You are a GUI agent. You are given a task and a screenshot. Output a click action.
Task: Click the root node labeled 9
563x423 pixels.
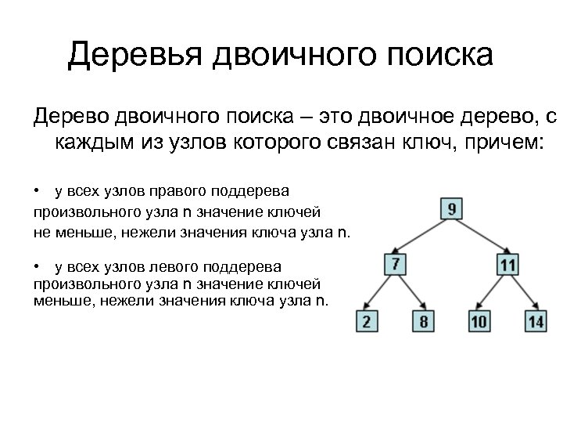tap(452, 209)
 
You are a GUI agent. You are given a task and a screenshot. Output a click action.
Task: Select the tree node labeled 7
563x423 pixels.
tap(396, 264)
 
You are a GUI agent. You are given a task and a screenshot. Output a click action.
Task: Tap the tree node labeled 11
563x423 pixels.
tap(508, 264)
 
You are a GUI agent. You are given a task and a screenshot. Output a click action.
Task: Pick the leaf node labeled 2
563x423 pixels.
tap(367, 320)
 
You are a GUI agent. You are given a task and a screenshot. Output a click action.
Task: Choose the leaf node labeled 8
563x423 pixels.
tap(424, 320)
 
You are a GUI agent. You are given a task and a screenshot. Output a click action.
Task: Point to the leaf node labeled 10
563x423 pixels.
tap(479, 320)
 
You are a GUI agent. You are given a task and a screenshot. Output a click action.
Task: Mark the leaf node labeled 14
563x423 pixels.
tap(536, 320)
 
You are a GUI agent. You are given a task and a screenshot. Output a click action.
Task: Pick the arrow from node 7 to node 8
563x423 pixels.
tap(411, 293)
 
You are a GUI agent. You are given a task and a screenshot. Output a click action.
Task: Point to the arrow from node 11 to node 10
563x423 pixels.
tap(493, 293)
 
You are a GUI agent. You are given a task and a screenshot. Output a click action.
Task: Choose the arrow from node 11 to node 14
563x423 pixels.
tap(522, 293)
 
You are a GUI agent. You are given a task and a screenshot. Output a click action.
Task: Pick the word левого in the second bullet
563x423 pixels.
tap(165, 267)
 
